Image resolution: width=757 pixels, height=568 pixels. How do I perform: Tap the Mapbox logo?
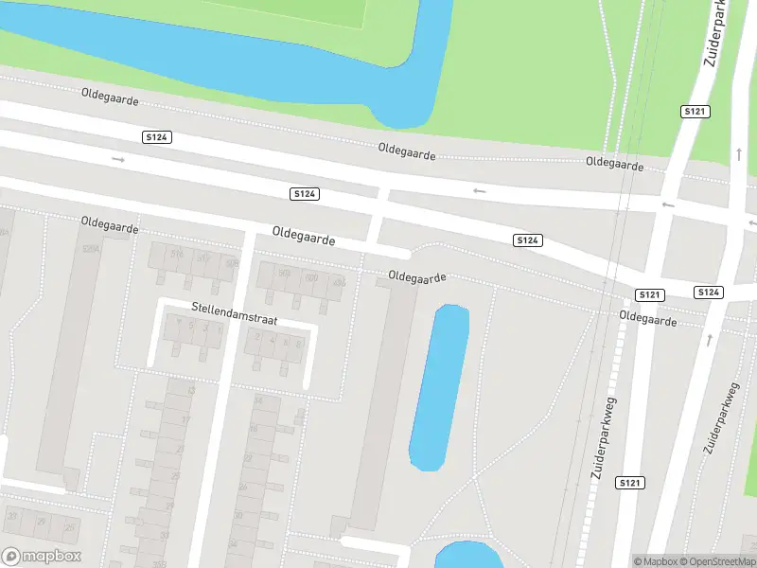tap(41, 557)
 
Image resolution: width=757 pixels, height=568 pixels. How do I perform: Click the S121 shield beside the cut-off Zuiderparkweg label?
tap(695, 112)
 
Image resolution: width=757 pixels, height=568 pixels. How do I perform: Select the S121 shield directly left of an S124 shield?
tap(649, 295)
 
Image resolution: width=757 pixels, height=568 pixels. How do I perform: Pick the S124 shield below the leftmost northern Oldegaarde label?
tap(157, 137)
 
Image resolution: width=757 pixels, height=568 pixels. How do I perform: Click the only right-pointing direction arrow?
tap(118, 160)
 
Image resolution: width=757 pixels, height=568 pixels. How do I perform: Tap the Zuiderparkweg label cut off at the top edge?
tap(718, 33)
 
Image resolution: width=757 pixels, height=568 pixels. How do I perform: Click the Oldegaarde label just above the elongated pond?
tap(416, 276)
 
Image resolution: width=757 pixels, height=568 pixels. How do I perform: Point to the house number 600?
tap(311, 276)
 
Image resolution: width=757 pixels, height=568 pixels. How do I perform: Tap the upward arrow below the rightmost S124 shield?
tap(710, 338)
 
